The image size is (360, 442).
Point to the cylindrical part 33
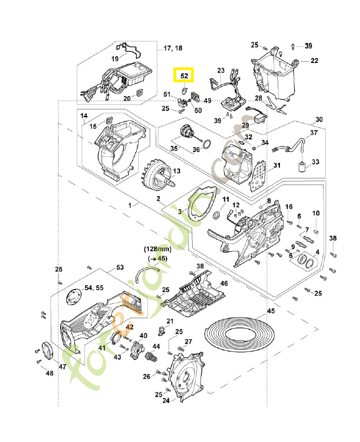pyautogui.click(x=302, y=167)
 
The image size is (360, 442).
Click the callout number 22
pyautogui.click(x=314, y=60)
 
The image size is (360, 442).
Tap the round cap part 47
pyautogui.click(x=46, y=352)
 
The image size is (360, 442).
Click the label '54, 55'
pyautogui.click(x=94, y=288)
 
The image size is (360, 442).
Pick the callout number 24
pyautogui.click(x=165, y=401)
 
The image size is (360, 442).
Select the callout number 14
pyautogui.click(x=84, y=115)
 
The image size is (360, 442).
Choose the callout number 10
pyautogui.click(x=316, y=213)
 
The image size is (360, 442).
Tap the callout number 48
pyautogui.click(x=50, y=373)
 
